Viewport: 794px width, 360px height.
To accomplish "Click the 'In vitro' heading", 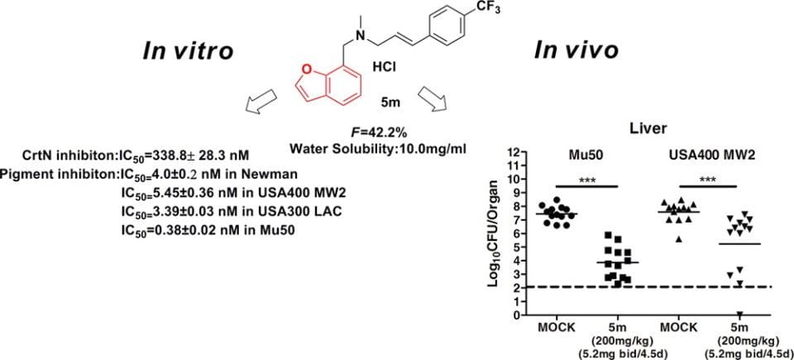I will click(x=187, y=51).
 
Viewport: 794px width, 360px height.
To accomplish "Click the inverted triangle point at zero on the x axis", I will click(x=740, y=314).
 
